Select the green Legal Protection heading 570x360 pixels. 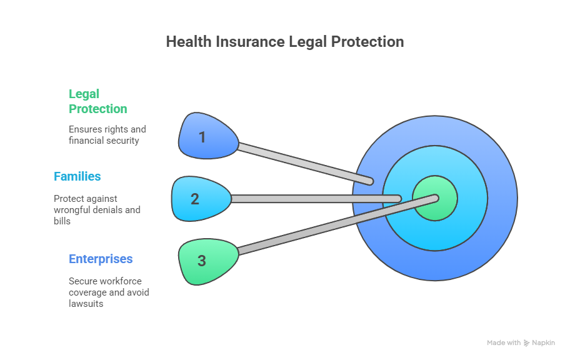[x=97, y=101]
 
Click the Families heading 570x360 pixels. [x=77, y=176]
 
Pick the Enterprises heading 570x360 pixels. [x=101, y=259]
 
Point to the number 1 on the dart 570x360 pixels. [x=202, y=137]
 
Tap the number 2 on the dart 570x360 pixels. [x=195, y=199]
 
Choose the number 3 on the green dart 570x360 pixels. [x=201, y=261]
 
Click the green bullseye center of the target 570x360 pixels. [x=435, y=199]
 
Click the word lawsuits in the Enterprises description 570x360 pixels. [x=86, y=303]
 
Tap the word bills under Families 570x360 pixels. [x=61, y=221]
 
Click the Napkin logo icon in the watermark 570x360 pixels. [x=526, y=343]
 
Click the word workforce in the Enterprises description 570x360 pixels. [x=119, y=281]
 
